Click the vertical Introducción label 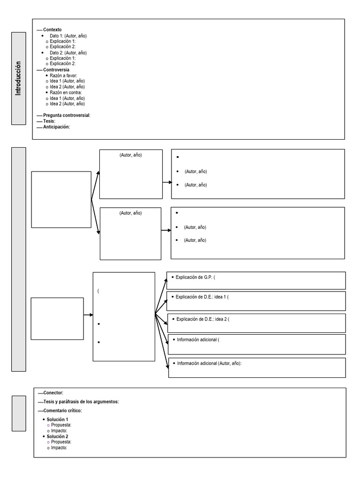[x=19, y=78]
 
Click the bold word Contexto [x=52, y=30]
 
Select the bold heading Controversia [x=56, y=70]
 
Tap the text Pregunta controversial [x=66, y=115]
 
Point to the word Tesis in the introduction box [x=49, y=121]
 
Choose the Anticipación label [x=56, y=127]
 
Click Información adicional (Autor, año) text [x=209, y=363]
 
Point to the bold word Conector [x=53, y=393]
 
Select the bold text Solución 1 [x=57, y=420]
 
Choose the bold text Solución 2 [x=57, y=436]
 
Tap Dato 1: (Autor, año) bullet [x=68, y=36]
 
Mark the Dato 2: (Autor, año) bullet [x=68, y=53]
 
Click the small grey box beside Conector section [x=19, y=413]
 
